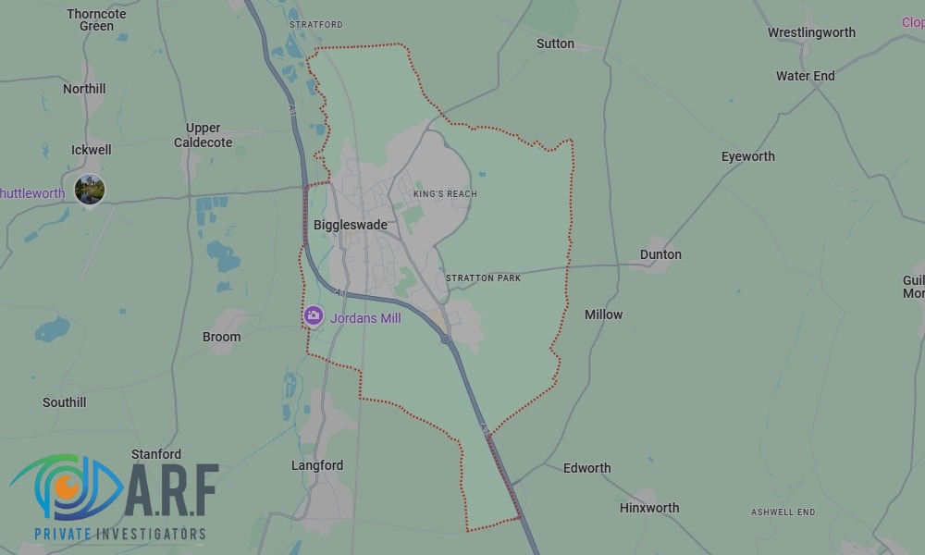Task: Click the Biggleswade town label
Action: (x=350, y=225)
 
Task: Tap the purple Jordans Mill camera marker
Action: (x=314, y=316)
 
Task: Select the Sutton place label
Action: (x=555, y=43)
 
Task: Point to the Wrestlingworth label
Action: (x=811, y=32)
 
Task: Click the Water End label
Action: (x=805, y=76)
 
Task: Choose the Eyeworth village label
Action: (x=747, y=156)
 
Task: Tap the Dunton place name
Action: (x=660, y=254)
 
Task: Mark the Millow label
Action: (x=603, y=314)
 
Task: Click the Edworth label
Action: (x=586, y=468)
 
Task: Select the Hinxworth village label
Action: (x=648, y=508)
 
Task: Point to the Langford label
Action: (x=317, y=465)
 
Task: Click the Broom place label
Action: (x=221, y=337)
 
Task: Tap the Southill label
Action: (x=65, y=402)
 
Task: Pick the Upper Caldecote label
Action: (x=203, y=135)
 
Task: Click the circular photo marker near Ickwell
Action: (x=90, y=190)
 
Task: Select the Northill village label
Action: (x=84, y=89)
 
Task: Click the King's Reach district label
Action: (x=445, y=194)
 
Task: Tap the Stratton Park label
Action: (x=483, y=278)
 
